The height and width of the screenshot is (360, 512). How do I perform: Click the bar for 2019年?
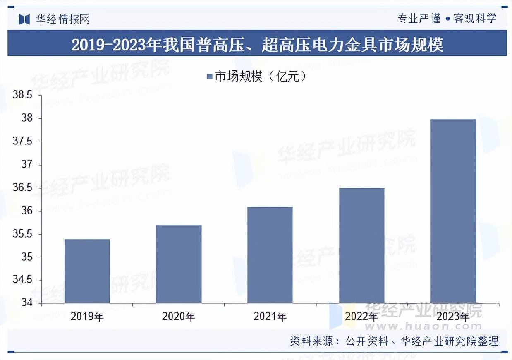(x=87, y=271)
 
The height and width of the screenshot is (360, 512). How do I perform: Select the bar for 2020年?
(x=178, y=264)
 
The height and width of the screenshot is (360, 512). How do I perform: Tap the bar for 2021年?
(x=270, y=255)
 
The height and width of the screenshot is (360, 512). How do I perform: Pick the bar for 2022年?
(x=361, y=245)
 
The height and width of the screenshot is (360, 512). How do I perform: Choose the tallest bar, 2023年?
(x=453, y=211)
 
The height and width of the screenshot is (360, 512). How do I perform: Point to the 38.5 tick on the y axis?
(x=22, y=96)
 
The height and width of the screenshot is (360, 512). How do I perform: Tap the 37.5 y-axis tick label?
(x=22, y=142)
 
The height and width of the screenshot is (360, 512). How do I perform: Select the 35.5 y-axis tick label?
(x=22, y=234)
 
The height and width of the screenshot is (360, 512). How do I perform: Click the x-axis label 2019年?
(x=87, y=317)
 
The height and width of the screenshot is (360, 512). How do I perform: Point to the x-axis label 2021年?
(x=270, y=317)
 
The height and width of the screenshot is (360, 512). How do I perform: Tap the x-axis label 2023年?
(x=453, y=317)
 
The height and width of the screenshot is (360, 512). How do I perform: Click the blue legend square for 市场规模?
(x=209, y=77)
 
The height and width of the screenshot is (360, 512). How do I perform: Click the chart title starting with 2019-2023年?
(x=257, y=45)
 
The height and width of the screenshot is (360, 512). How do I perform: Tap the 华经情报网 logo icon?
(x=24, y=19)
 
